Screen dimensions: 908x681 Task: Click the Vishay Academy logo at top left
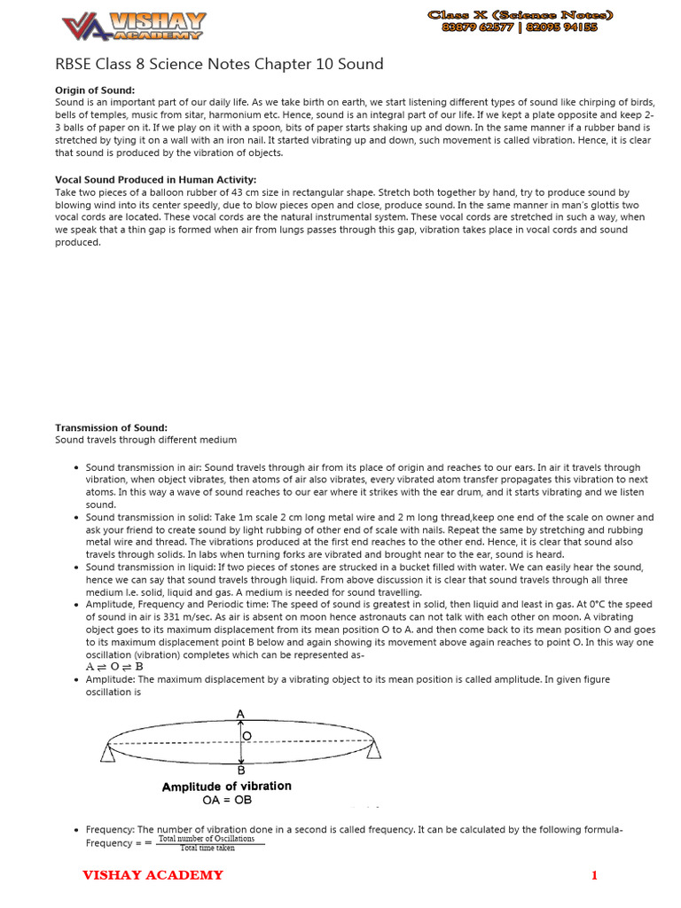click(133, 26)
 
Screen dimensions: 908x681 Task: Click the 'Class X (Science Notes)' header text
click(521, 15)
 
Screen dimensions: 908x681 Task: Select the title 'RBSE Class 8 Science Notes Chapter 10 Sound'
click(219, 64)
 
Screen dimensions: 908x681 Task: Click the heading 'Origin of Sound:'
click(95, 90)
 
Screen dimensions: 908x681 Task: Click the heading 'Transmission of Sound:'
click(111, 427)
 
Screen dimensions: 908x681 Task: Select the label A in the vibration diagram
click(240, 713)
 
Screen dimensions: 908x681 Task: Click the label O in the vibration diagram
click(247, 736)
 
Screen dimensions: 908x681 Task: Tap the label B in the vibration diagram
click(240, 771)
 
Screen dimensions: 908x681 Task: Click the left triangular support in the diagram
click(108, 751)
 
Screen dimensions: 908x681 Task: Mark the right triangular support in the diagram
click(373, 751)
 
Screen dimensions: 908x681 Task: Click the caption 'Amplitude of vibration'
click(226, 787)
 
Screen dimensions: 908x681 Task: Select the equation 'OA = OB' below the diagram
click(227, 800)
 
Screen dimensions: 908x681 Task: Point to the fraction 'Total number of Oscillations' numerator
click(207, 838)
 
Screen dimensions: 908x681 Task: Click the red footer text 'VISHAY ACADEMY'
click(153, 876)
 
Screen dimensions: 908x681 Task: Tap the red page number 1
click(595, 876)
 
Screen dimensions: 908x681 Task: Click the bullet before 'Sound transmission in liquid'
click(77, 567)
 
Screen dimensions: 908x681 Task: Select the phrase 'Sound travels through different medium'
click(145, 440)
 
